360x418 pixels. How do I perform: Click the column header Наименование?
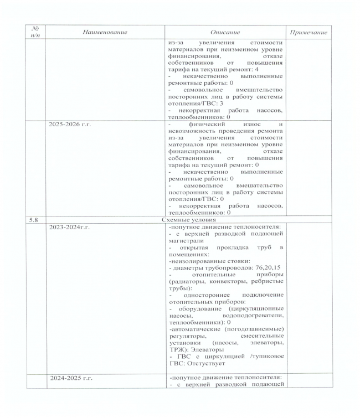tap(104, 33)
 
